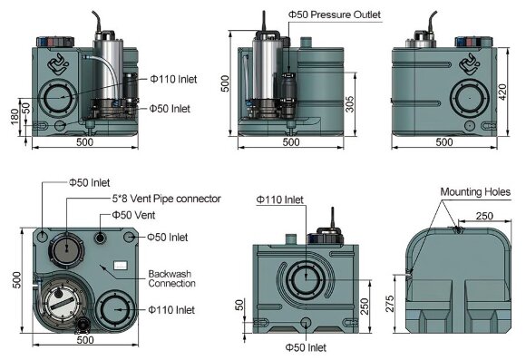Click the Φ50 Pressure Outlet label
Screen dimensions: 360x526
[335, 15]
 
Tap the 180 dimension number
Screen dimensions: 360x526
[13, 120]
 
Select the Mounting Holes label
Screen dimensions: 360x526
[475, 192]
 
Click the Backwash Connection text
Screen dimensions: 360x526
[171, 278]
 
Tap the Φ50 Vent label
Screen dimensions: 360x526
[132, 215]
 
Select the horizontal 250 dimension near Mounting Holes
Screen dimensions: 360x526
[483, 216]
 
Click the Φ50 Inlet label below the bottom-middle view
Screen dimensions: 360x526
[305, 347]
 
